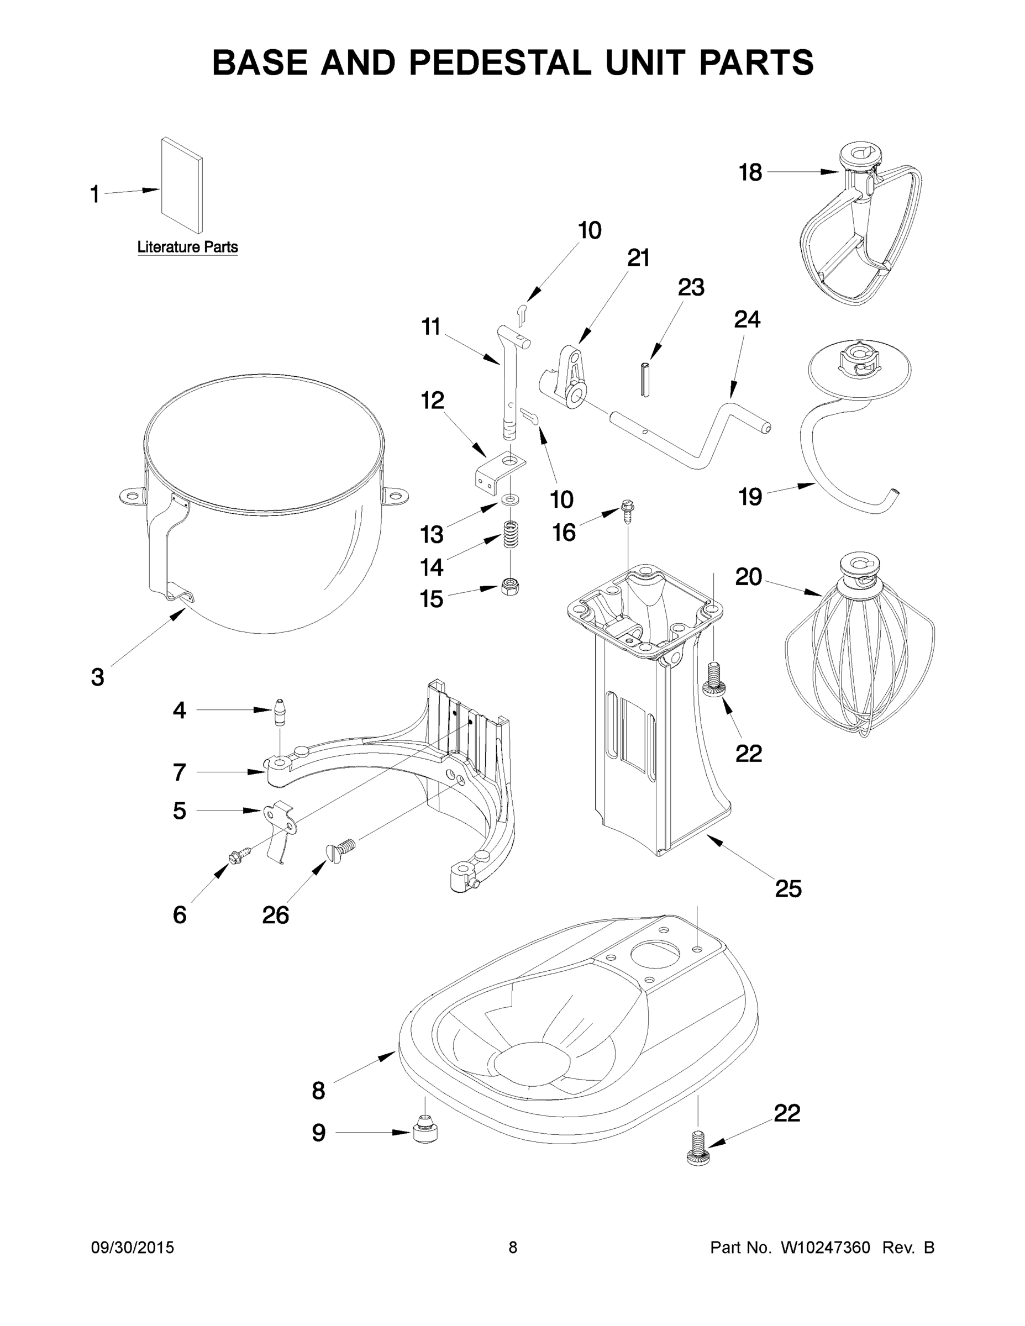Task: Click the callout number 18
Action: (x=750, y=172)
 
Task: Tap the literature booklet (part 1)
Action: (x=182, y=185)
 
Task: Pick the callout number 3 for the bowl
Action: (x=97, y=677)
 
